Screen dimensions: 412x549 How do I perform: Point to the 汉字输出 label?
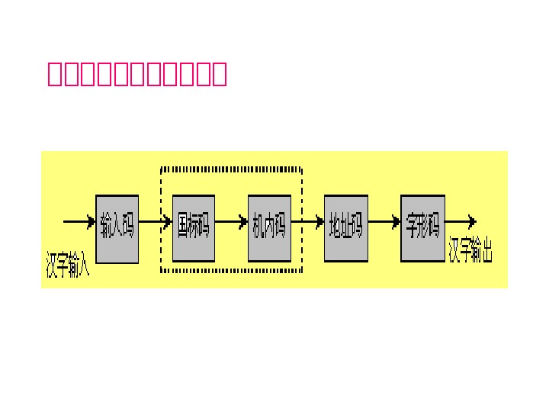(471, 250)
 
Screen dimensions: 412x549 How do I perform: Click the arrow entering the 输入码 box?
(79, 222)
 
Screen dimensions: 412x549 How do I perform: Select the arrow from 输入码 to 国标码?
(156, 223)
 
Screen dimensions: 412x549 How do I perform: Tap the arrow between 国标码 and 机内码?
(232, 223)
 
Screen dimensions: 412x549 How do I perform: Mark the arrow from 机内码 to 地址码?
(308, 223)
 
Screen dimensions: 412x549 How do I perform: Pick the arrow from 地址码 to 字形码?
(384, 223)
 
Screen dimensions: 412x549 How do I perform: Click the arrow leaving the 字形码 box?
(461, 222)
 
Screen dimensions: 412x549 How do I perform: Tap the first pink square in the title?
(56, 75)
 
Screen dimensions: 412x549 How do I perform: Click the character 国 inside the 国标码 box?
(183, 227)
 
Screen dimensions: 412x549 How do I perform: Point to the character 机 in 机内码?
(258, 227)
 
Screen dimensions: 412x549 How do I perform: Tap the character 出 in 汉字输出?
(486, 250)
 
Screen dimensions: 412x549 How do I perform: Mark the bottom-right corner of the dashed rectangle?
(302, 272)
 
